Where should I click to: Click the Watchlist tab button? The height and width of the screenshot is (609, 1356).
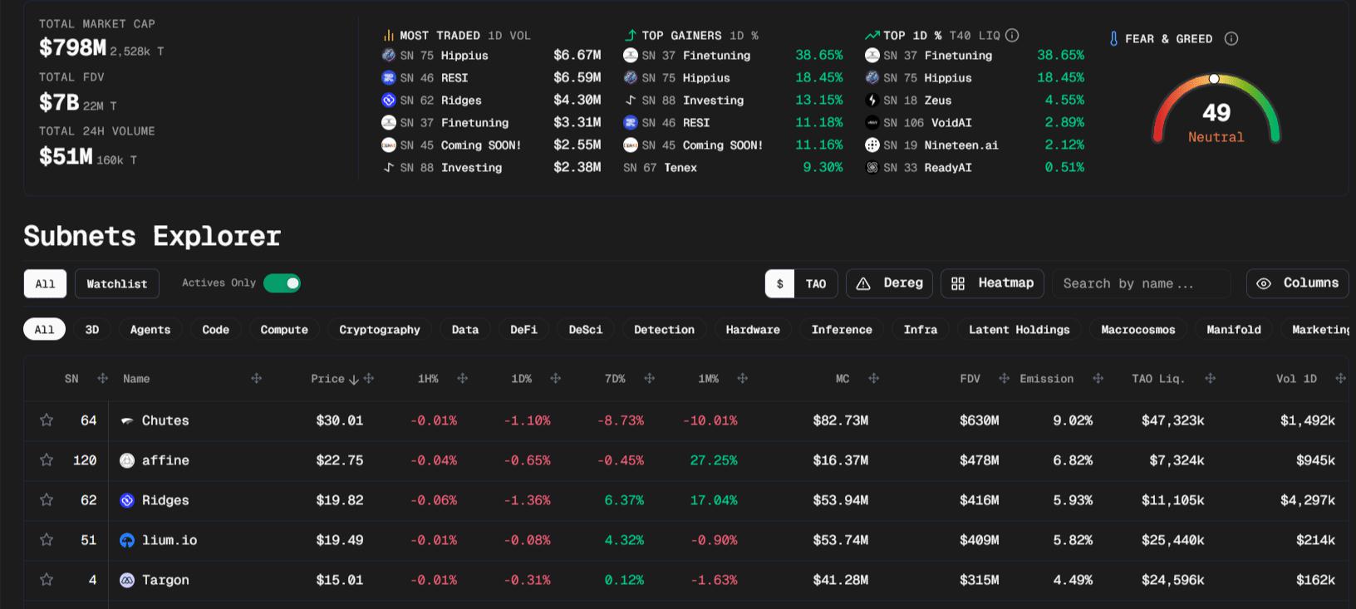(116, 284)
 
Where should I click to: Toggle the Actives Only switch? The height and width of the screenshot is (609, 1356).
(282, 283)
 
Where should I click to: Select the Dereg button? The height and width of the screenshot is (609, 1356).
(889, 283)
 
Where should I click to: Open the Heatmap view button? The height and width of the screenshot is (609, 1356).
(992, 283)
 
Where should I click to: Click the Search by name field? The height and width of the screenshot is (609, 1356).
(1140, 284)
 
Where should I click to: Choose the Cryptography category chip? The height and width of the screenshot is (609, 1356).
(379, 330)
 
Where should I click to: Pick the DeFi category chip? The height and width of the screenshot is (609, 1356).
(523, 330)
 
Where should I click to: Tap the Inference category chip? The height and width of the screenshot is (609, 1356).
(842, 330)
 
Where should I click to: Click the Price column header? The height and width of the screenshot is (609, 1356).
(327, 379)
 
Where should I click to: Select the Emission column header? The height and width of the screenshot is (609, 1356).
(1046, 379)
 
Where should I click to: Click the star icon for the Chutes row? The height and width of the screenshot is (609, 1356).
(47, 420)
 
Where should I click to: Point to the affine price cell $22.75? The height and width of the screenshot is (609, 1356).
(339, 460)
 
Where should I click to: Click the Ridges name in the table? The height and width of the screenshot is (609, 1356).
(165, 500)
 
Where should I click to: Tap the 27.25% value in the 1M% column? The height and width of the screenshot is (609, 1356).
(713, 460)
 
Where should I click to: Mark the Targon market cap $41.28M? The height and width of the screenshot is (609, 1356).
(840, 580)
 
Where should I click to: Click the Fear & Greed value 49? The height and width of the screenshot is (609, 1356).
(1216, 113)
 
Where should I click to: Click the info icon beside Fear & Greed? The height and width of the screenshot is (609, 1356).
(1231, 39)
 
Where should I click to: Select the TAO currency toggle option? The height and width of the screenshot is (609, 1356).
(816, 284)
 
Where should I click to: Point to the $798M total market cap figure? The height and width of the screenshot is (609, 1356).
(72, 48)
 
